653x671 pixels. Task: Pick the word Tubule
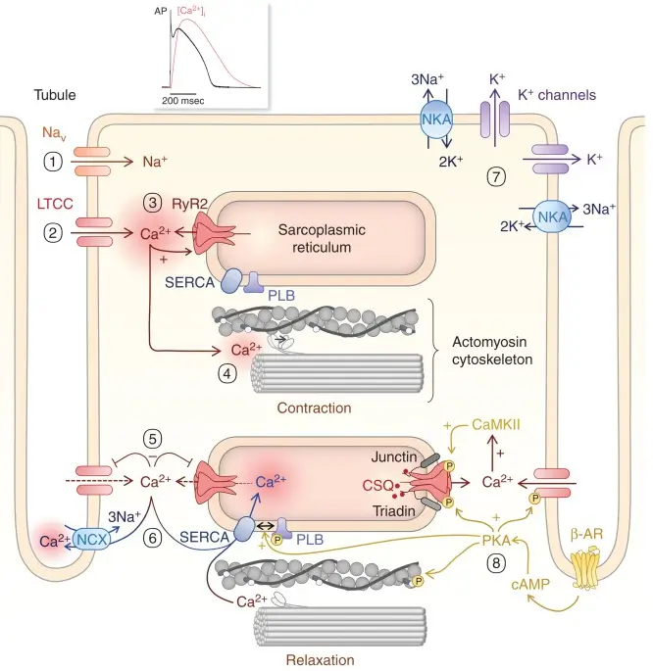pyautogui.click(x=55, y=95)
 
